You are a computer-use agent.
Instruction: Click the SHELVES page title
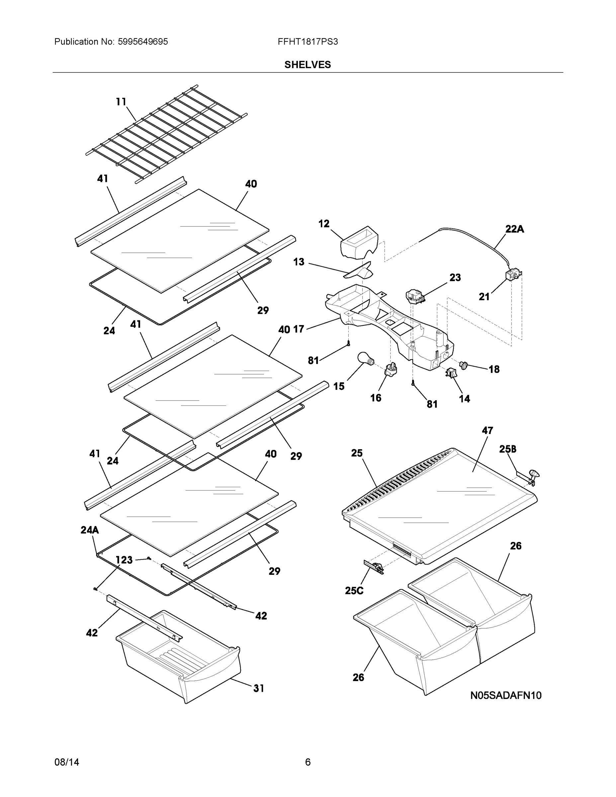(307, 65)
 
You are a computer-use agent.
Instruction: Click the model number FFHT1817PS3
(307, 42)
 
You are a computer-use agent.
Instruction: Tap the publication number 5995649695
(143, 42)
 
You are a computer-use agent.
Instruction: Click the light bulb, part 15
(364, 358)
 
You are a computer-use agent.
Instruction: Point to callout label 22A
(514, 229)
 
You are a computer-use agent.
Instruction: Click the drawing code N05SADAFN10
(505, 695)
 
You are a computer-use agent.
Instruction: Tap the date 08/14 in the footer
(66, 762)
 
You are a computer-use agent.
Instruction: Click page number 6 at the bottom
(308, 762)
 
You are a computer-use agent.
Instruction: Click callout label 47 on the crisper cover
(487, 430)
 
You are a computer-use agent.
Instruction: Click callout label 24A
(89, 530)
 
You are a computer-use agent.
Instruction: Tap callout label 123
(124, 560)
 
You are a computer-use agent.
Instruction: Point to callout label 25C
(354, 590)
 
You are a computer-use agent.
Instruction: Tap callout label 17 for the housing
(298, 329)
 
